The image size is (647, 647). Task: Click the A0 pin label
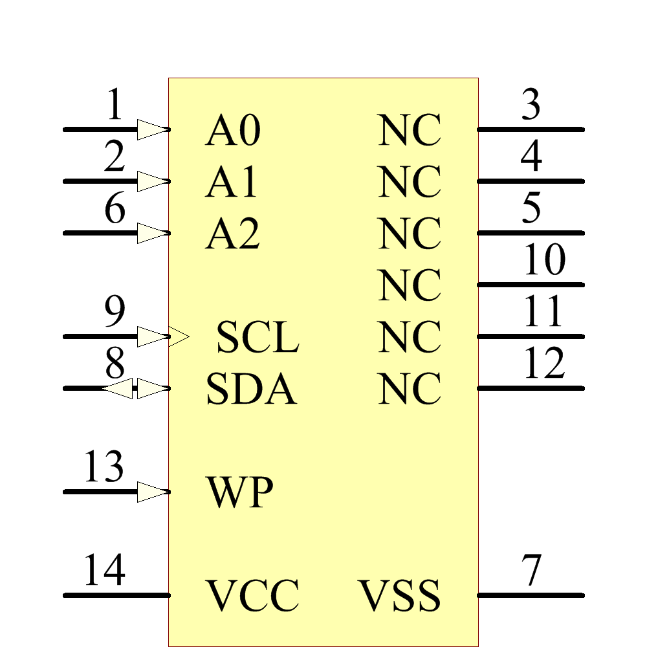tap(233, 131)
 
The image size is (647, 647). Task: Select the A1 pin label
tap(232, 182)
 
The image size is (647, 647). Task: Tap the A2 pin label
tap(233, 234)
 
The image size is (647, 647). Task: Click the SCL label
tap(257, 338)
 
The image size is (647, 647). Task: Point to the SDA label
tap(251, 389)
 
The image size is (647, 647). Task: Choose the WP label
tap(239, 493)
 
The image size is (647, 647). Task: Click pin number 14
tap(104, 570)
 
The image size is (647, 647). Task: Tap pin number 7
tap(531, 571)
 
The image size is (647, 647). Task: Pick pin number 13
tap(104, 467)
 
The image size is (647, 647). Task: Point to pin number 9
tap(115, 313)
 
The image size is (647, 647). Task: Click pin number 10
tap(544, 260)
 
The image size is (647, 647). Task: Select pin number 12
tap(544, 364)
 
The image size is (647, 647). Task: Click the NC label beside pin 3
tap(410, 131)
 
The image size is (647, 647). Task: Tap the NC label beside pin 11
tap(410, 338)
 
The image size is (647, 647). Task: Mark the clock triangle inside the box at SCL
tap(179, 336)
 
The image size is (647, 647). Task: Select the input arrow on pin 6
tap(153, 233)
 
